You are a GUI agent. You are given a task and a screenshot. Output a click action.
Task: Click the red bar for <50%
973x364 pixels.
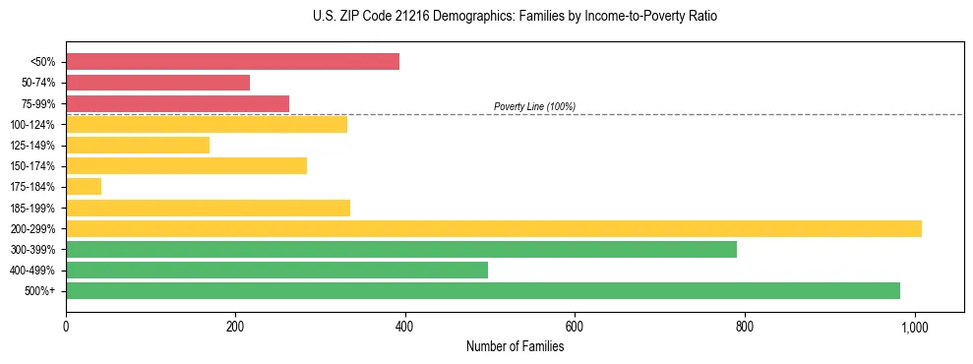tap(232, 62)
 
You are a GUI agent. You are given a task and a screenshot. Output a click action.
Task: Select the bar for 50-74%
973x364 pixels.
tap(157, 83)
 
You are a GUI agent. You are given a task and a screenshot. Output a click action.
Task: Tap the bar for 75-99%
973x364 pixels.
tap(177, 103)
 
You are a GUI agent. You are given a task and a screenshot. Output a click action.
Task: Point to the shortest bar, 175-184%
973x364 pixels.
tap(84, 186)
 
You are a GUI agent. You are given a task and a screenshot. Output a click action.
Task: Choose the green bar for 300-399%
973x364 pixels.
tap(401, 249)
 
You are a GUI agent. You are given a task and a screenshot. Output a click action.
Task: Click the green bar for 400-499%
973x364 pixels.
tap(276, 270)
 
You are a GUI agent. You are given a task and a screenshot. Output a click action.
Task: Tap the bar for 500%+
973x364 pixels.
tap(483, 290)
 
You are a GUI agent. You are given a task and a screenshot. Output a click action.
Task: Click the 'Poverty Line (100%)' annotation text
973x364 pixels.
tap(534, 106)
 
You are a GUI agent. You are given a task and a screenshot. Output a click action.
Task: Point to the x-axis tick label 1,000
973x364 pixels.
tap(915, 327)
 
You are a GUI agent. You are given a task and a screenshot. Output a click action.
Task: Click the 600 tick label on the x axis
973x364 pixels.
tap(576, 327)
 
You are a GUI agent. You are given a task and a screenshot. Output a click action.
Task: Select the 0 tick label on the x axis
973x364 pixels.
tap(66, 327)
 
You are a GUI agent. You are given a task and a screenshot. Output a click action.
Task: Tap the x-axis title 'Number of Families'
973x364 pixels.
tap(515, 346)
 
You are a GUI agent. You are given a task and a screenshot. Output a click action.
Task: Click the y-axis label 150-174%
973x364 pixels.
tap(32, 166)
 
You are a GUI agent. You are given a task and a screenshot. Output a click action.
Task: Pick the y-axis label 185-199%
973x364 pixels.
tap(32, 208)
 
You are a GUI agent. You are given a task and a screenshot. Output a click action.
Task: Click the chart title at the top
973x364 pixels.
tap(515, 17)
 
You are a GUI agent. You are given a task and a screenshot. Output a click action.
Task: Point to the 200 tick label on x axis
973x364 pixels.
tap(235, 327)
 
